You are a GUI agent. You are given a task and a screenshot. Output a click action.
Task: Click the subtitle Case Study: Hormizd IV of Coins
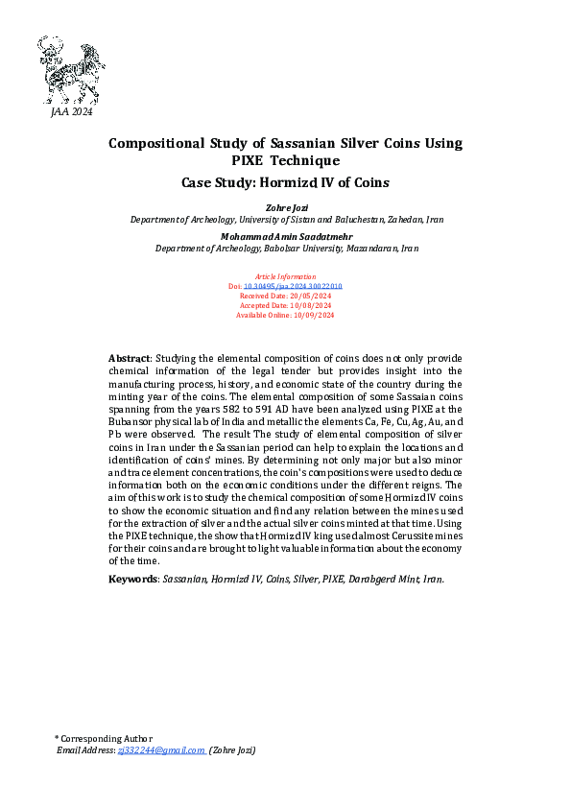(x=285, y=180)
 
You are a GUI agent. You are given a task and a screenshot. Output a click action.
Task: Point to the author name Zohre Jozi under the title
(x=285, y=206)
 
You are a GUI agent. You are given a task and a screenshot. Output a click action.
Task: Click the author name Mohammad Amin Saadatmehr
(x=285, y=234)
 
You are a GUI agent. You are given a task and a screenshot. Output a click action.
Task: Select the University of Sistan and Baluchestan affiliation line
(x=285, y=219)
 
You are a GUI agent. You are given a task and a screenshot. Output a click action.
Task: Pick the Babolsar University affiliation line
(x=285, y=248)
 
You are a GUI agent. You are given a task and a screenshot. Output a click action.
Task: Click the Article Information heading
(x=285, y=275)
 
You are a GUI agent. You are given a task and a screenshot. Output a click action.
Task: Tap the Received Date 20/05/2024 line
(x=285, y=296)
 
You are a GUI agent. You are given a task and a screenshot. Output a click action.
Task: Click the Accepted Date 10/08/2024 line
(x=285, y=305)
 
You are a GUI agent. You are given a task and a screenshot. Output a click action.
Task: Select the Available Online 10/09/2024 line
(x=285, y=315)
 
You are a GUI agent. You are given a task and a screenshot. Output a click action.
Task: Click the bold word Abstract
(x=129, y=358)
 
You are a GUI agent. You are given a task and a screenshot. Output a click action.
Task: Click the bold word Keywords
(x=132, y=580)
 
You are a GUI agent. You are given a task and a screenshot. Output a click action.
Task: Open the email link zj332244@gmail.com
(x=160, y=749)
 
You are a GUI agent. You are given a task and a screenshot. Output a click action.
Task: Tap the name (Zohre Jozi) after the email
(x=232, y=749)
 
